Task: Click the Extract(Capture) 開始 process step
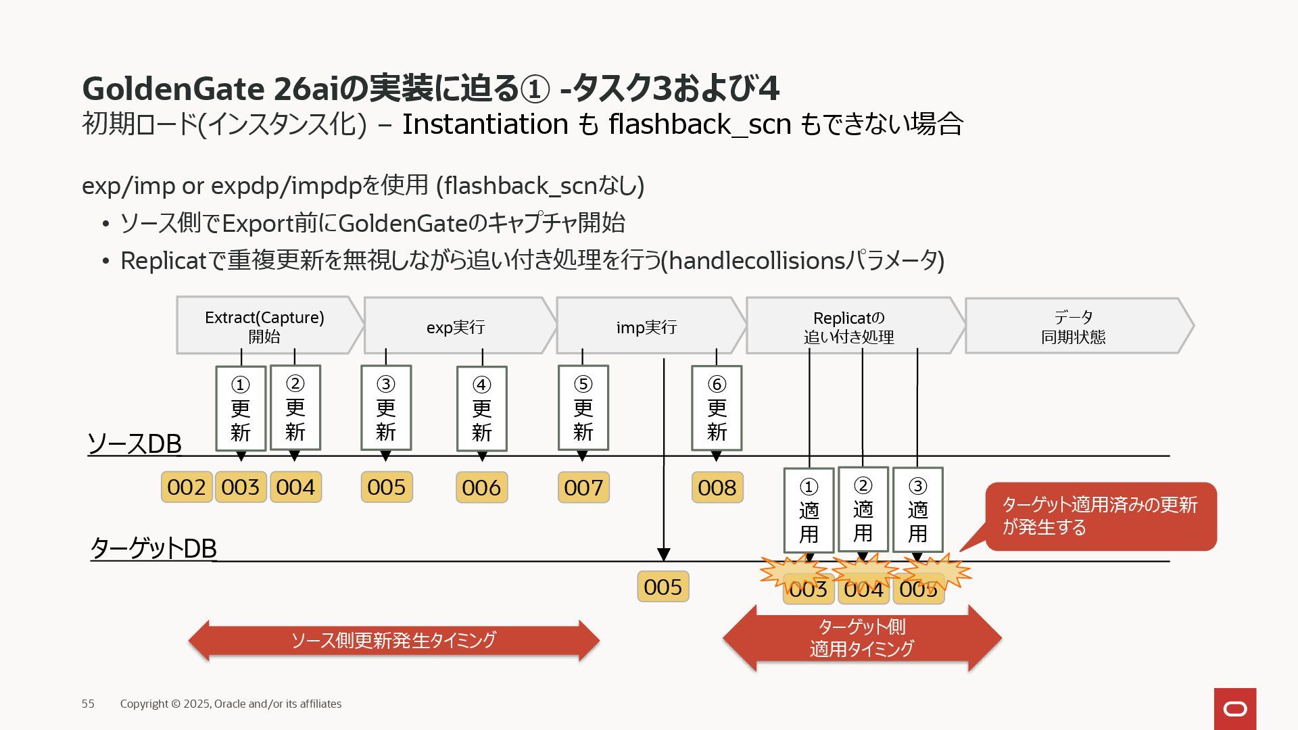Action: [264, 326]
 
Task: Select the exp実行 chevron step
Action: [456, 326]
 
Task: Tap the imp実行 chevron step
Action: [646, 326]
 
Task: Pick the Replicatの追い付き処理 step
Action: [849, 326]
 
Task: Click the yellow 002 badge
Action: [186, 487]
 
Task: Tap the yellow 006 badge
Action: [481, 487]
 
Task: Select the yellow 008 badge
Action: [717, 487]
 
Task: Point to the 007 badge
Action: [583, 487]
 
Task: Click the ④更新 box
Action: [481, 409]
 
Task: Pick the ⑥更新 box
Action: [717, 408]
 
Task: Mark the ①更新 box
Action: [241, 408]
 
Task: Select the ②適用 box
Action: [863, 510]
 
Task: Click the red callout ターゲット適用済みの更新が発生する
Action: [1101, 516]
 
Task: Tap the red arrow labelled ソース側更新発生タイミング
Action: [393, 640]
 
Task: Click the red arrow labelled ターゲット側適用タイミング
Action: [862, 637]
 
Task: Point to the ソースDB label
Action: [135, 444]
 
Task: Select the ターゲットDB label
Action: [153, 548]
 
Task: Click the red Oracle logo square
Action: [1235, 708]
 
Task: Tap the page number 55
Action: [88, 704]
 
